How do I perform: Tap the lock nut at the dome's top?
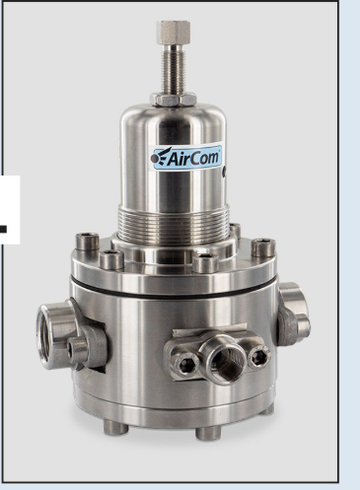pos(174,99)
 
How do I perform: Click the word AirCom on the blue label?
pos(193,158)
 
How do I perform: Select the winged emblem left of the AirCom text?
pos(161,157)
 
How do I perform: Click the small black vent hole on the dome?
pos(224,172)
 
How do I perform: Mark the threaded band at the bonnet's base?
pos(174,223)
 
